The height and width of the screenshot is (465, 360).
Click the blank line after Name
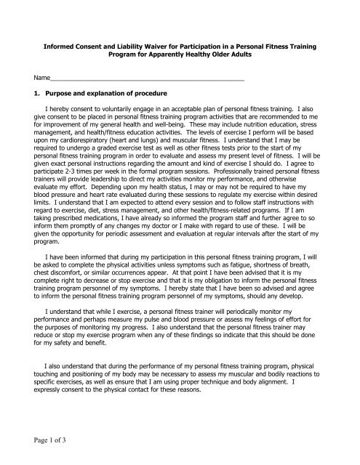(x=145, y=78)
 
